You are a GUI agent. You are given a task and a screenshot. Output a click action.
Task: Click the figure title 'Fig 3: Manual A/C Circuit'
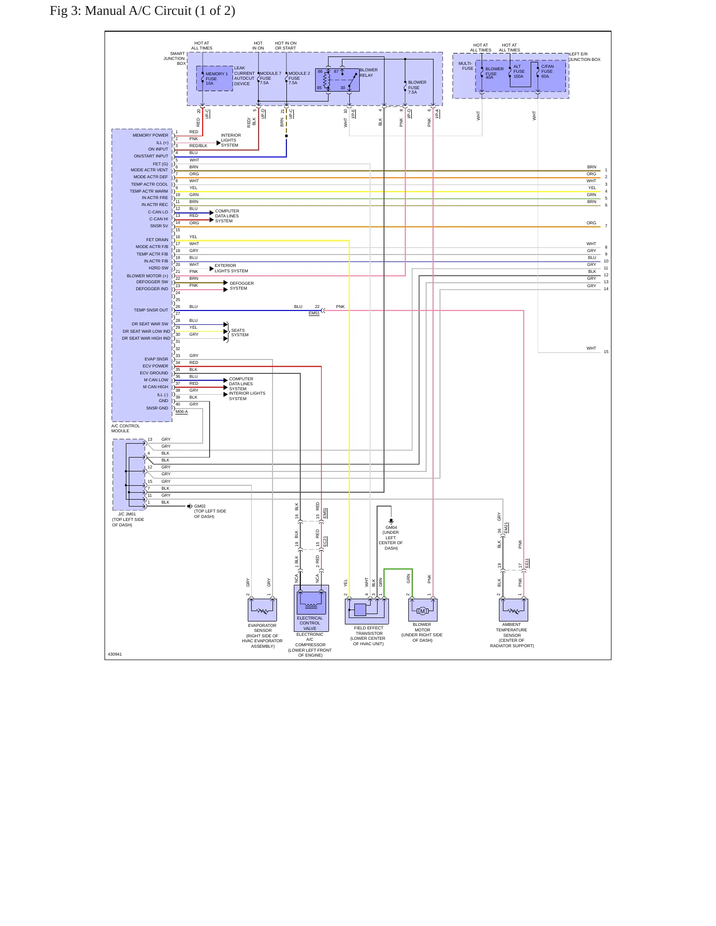(120, 11)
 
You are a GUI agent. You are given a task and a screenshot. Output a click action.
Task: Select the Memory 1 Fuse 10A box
(215, 78)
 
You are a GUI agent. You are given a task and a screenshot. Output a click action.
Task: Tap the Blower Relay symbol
(337, 80)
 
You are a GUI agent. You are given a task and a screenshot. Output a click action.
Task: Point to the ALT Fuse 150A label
(519, 71)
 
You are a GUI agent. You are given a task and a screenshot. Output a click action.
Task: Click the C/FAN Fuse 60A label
(547, 71)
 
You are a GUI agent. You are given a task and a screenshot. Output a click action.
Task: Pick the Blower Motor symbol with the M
(423, 610)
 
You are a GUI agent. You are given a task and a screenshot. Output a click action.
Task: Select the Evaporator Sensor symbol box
(262, 610)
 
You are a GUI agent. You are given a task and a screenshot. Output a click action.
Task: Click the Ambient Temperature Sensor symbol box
(513, 610)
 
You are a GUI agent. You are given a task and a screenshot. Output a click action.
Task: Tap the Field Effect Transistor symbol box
(367, 611)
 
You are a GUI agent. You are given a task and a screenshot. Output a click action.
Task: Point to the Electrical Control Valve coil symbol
(311, 603)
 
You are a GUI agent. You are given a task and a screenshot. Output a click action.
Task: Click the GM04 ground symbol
(391, 521)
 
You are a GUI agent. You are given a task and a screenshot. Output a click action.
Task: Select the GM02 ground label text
(200, 507)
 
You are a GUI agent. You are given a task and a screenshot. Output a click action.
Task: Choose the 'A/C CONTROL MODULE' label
(125, 428)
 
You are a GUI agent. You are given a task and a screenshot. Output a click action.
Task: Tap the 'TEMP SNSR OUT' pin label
(151, 310)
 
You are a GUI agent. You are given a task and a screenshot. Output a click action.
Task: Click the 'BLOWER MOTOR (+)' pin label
(147, 276)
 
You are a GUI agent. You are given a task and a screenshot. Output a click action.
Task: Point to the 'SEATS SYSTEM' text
(240, 333)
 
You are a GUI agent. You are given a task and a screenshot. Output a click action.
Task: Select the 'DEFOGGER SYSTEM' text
(242, 286)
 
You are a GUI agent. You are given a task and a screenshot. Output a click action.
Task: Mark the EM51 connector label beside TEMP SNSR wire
(314, 313)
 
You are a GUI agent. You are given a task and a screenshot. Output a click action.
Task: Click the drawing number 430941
(115, 654)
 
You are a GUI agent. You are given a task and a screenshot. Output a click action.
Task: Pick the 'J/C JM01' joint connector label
(127, 514)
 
